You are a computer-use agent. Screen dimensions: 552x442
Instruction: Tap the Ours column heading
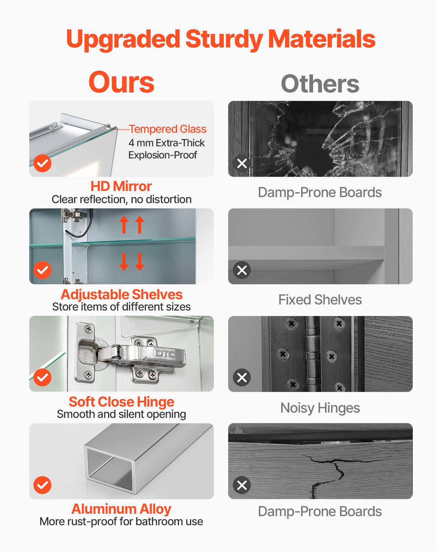(x=121, y=82)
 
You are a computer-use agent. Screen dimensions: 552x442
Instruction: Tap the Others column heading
(x=320, y=84)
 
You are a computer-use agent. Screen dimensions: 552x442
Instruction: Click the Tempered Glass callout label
(x=168, y=129)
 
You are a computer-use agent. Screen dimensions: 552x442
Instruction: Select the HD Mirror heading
(x=121, y=186)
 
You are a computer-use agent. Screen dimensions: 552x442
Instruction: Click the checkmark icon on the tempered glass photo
(x=43, y=163)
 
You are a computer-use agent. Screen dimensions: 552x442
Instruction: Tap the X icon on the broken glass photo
(x=242, y=163)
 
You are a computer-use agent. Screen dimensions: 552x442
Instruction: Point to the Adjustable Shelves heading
(x=121, y=294)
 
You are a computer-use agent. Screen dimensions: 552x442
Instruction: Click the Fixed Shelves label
(x=320, y=300)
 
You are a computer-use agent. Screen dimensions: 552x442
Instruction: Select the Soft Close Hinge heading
(x=121, y=402)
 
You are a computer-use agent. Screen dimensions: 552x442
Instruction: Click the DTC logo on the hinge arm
(x=164, y=353)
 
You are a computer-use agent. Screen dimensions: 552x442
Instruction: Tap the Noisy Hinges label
(x=320, y=408)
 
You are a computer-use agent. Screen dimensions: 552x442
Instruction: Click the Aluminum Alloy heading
(x=121, y=509)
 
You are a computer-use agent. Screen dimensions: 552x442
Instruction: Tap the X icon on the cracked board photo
(x=242, y=485)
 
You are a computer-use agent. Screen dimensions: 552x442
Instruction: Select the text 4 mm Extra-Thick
(x=167, y=143)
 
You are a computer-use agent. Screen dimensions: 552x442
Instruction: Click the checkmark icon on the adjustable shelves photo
(x=43, y=270)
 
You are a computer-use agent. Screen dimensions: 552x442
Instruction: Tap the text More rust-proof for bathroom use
(x=121, y=522)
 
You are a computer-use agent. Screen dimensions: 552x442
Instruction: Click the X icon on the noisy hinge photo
(x=242, y=377)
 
